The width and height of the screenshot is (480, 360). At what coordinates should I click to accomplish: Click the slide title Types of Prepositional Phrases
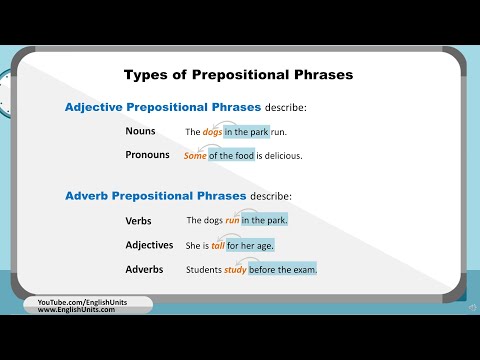tap(238, 74)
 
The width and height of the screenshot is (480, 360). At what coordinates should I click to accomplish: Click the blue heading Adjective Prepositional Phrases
tap(163, 107)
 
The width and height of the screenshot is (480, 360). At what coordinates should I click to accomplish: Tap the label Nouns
tap(140, 131)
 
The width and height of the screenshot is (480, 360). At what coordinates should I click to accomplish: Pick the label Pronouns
tap(147, 155)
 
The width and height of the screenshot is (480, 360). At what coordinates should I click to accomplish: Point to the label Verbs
tap(138, 220)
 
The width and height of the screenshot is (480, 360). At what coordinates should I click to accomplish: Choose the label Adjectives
tap(150, 244)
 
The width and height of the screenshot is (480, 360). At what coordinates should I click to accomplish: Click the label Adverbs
tap(144, 269)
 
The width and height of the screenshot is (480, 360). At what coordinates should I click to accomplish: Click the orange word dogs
tap(211, 132)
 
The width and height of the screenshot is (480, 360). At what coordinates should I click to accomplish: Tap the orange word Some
tap(195, 156)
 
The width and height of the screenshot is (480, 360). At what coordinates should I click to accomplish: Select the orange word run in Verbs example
tap(232, 220)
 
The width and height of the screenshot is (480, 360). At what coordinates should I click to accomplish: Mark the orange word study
tap(235, 269)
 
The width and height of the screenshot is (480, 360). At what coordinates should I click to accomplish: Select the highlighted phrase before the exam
tap(283, 269)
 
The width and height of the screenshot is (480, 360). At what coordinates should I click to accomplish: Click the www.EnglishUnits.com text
tap(76, 310)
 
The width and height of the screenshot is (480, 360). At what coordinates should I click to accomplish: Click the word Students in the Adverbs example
tap(204, 269)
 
